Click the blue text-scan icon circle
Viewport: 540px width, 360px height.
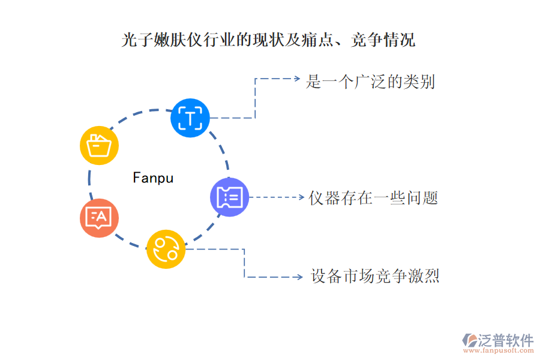click(x=190, y=118)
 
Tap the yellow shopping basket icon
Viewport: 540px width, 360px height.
click(x=99, y=146)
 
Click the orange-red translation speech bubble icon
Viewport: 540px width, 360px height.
click(x=99, y=217)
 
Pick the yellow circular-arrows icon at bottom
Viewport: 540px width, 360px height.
click(x=166, y=249)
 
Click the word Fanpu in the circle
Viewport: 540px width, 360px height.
click(x=153, y=178)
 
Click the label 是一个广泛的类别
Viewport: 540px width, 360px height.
click(x=370, y=82)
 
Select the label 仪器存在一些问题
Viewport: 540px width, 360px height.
click(x=373, y=197)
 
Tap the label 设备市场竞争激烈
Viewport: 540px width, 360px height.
click(x=375, y=277)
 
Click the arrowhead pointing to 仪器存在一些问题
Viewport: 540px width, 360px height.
click(x=301, y=197)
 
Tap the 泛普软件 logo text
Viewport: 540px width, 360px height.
click(x=505, y=340)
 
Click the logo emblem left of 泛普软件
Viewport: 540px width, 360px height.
click(x=468, y=341)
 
